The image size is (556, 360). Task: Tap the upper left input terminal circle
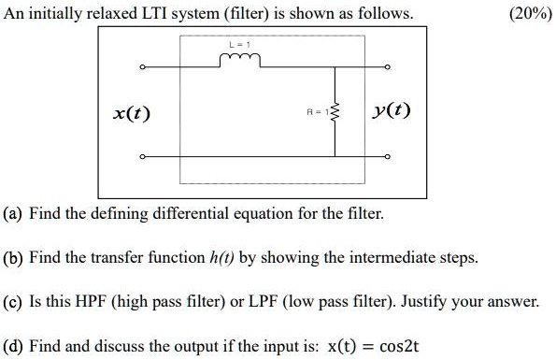[143, 67]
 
